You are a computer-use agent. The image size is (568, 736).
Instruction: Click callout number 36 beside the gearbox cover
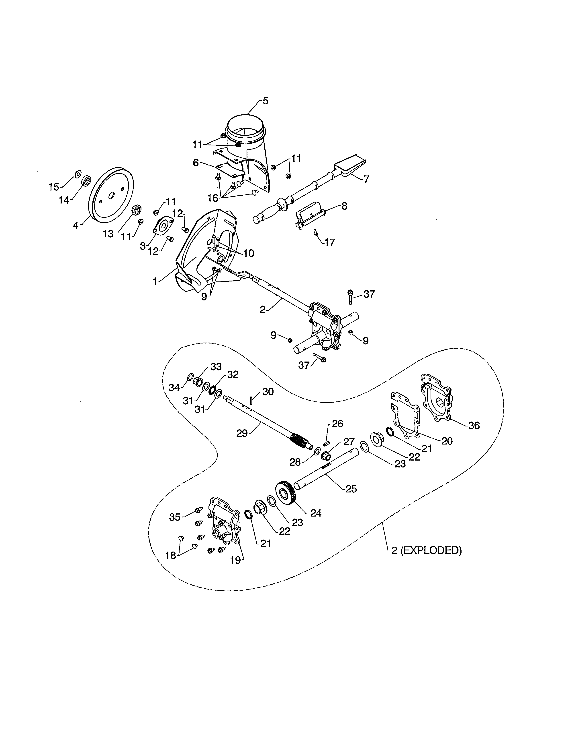tap(474, 425)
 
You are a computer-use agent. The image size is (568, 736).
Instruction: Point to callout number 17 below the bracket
tap(330, 242)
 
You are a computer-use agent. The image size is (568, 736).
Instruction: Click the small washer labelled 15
tap(77, 174)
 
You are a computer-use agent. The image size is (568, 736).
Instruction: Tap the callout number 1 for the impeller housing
tap(155, 281)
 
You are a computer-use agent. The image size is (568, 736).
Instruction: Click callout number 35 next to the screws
tap(175, 517)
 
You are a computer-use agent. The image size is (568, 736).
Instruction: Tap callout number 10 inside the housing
tap(248, 253)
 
